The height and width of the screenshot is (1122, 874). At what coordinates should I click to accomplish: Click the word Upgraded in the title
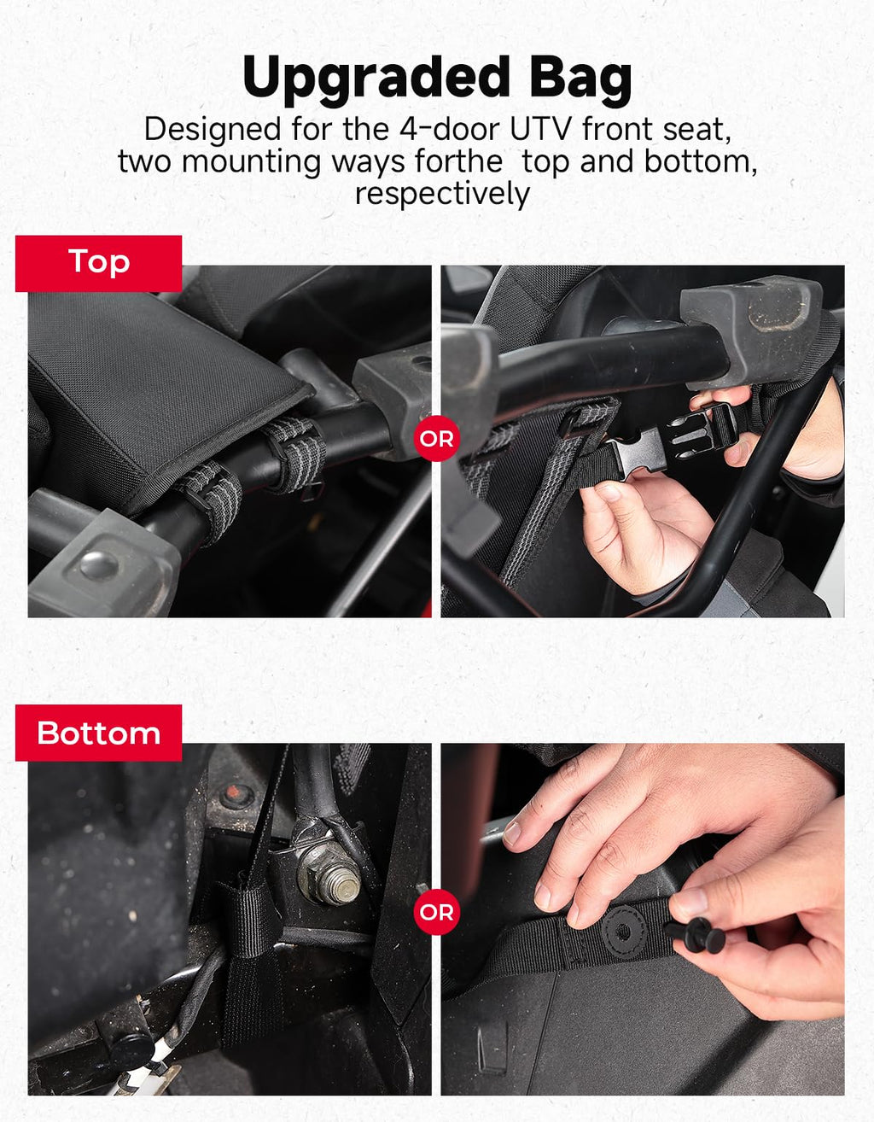point(376,79)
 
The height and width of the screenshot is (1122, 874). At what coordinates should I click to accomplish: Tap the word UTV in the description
point(541,129)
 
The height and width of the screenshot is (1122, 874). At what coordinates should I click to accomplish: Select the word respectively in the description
point(442,194)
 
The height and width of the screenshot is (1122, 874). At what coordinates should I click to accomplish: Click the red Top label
point(98,263)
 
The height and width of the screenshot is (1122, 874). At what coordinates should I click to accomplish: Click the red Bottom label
point(98,733)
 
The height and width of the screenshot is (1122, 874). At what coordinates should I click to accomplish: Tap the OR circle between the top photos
point(436,438)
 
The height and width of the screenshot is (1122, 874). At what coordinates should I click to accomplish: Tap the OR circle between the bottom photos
point(436,912)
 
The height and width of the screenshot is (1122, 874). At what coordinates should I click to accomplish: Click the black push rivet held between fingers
point(695,934)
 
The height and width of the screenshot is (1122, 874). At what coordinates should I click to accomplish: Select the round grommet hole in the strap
point(624,932)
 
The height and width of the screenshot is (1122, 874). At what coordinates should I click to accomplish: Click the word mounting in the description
point(251,163)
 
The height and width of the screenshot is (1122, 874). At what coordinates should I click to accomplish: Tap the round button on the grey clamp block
point(99,565)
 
